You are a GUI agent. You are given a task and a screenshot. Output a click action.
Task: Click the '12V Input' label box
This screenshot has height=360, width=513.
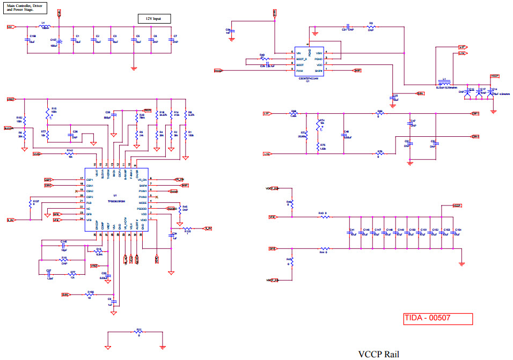click(154, 19)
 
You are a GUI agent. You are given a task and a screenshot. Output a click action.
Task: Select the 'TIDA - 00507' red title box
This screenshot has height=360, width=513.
click(437, 318)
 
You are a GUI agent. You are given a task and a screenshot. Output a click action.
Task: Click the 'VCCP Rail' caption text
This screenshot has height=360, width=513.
click(378, 354)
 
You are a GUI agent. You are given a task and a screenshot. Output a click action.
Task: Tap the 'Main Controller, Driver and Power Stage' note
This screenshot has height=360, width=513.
click(25, 8)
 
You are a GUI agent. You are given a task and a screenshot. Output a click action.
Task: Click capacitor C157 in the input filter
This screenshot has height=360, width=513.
click(59, 42)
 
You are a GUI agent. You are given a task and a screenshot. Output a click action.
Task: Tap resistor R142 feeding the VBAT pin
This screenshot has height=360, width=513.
click(70, 154)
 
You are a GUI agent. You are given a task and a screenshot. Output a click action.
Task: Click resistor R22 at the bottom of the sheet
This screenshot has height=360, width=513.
click(138, 333)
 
